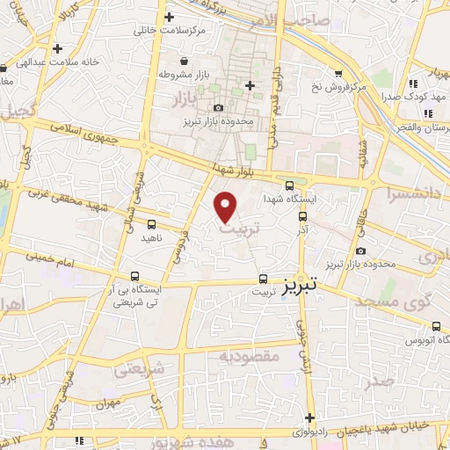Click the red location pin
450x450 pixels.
[227, 207]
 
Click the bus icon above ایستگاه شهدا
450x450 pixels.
[290, 185]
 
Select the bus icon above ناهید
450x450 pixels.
[151, 224]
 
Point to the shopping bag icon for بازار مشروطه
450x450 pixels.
[184, 61]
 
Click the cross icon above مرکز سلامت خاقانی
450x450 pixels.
[170, 17]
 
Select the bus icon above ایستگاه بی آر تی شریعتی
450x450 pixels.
[134, 276]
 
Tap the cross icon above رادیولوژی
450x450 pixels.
[308, 417]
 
